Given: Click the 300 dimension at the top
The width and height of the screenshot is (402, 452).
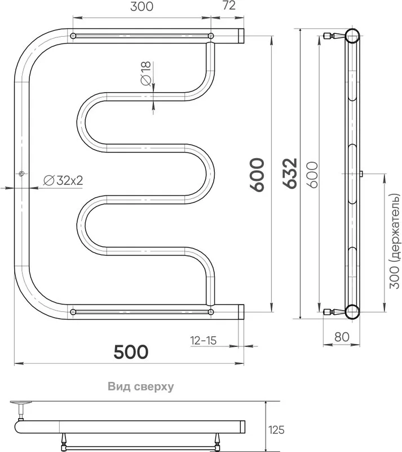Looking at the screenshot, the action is point(142,6).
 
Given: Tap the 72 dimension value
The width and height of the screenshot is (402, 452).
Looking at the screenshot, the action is point(229,5).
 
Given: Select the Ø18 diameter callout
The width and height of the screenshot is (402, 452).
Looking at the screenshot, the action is point(146,73).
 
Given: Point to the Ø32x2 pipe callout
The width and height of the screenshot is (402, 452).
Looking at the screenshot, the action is point(63,180).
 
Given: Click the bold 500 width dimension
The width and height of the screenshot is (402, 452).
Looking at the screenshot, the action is point(131,351).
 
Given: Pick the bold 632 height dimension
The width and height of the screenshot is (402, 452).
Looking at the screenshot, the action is point(289,173).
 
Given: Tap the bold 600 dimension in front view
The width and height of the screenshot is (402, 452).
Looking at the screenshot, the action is point(257,175).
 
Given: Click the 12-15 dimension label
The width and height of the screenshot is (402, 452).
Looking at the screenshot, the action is point(203,341).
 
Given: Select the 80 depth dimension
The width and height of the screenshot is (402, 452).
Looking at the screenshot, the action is point(342,337).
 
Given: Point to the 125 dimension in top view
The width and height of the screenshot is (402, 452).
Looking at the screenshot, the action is point(276,430).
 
